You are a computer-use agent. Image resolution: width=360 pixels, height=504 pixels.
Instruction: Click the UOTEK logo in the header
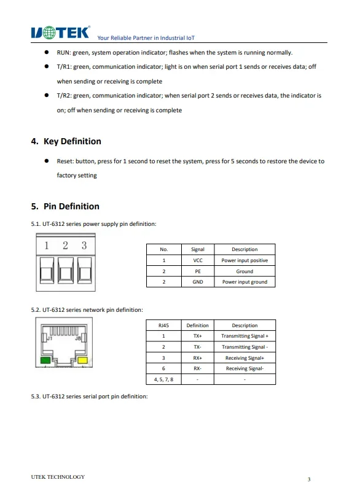(60, 33)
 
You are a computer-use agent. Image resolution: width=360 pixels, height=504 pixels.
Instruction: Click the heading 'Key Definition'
(72, 141)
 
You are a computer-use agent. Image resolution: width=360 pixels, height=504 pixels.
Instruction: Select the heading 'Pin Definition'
(71, 206)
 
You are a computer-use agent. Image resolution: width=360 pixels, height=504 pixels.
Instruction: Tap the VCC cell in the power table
(198, 260)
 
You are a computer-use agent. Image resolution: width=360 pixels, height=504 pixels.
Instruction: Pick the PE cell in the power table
(198, 271)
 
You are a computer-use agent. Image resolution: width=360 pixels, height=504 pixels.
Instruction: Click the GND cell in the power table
(198, 282)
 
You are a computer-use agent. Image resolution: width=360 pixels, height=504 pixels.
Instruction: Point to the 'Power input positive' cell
(245, 260)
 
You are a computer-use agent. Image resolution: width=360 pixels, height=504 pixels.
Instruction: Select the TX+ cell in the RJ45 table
(198, 336)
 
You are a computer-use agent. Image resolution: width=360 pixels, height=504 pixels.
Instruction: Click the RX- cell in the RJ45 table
(198, 368)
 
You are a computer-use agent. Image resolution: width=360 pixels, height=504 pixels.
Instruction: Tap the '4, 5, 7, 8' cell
(163, 379)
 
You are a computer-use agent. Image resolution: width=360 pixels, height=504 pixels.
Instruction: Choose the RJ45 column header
(163, 325)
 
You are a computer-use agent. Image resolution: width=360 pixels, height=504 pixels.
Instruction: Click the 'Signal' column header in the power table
(198, 249)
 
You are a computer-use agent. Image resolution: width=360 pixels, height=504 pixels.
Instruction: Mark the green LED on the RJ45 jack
(45, 360)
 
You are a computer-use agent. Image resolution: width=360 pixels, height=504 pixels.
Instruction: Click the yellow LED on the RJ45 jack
(83, 360)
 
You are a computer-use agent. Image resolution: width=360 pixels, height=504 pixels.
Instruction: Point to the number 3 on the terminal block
(84, 246)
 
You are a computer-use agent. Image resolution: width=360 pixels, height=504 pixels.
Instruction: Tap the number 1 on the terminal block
(47, 246)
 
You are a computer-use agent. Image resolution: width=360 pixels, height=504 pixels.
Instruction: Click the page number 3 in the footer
(309, 479)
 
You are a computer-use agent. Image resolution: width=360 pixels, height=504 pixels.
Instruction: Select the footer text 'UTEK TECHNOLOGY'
(58, 477)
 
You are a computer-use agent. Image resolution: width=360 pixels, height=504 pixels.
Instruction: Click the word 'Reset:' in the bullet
(65, 161)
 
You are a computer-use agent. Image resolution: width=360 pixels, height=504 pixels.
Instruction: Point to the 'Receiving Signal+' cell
(245, 358)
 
